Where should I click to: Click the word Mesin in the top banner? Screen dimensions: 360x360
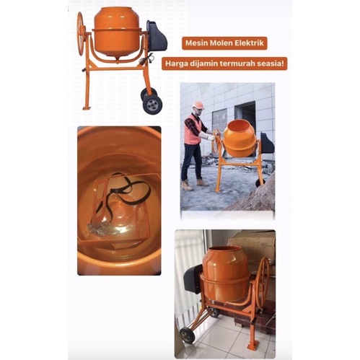click(193, 43)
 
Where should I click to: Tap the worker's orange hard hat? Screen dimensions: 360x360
click(198, 105)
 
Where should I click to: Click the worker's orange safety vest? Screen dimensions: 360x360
click(192, 130)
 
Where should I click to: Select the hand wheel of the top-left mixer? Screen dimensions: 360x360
click(82, 28)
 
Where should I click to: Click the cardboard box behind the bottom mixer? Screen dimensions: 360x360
click(250, 249)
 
